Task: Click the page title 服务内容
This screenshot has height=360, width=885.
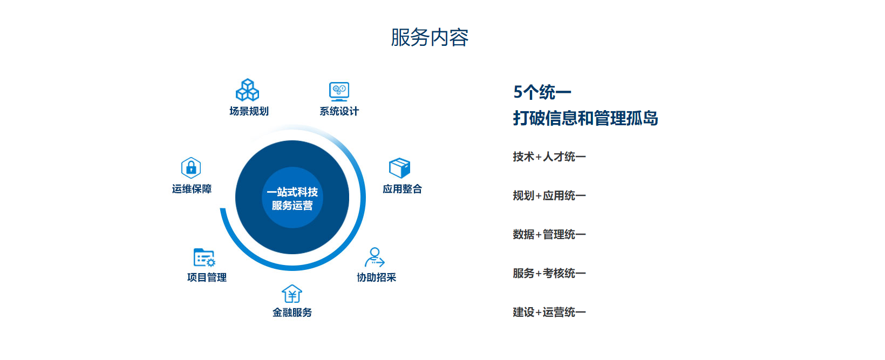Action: (430, 38)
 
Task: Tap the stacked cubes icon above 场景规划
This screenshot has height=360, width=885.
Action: (247, 90)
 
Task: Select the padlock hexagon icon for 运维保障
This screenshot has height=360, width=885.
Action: (191, 167)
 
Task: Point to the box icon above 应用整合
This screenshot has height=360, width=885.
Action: (399, 168)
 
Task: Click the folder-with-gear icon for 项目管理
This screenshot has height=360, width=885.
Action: (205, 257)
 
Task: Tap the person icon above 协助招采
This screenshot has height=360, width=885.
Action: (374, 257)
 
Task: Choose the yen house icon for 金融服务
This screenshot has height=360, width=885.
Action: (292, 294)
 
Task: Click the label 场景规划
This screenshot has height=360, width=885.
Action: (249, 111)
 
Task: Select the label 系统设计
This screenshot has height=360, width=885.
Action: (339, 111)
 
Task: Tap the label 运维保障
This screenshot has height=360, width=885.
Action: (192, 189)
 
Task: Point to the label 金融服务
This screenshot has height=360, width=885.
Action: (292, 313)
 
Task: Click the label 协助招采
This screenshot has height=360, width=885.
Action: (376, 277)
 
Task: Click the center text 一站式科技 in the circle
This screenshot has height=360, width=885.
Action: (292, 192)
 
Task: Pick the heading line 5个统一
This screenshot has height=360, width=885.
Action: (542, 92)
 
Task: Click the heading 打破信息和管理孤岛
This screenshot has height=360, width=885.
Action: (586, 118)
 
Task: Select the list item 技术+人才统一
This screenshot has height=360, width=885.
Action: (549, 157)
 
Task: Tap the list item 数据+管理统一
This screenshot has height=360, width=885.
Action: (549, 235)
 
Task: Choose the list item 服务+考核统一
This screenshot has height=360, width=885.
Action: (549, 274)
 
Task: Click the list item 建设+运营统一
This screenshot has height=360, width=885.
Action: (549, 312)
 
